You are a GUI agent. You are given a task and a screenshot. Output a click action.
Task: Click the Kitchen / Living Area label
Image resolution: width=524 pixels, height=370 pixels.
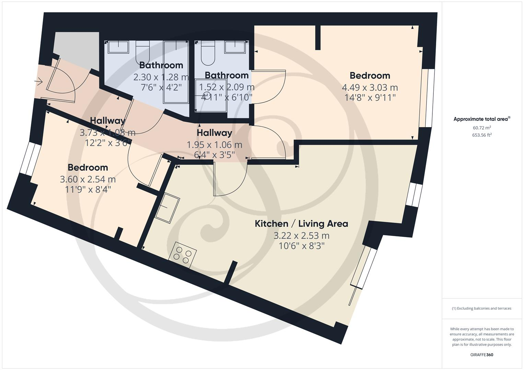[x=301, y=224]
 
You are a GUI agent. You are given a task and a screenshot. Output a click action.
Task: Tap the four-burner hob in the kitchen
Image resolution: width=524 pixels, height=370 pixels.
[x=183, y=255]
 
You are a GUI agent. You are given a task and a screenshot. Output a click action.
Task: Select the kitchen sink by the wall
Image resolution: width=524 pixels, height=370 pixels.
[x=167, y=208]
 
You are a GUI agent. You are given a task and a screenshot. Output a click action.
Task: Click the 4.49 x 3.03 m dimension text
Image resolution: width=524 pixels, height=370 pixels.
[x=370, y=87]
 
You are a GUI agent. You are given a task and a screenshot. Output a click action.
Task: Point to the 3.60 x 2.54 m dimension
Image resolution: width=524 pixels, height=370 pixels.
[x=88, y=179]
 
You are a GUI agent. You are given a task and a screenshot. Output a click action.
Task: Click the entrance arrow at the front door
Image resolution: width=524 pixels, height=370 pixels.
[x=38, y=82]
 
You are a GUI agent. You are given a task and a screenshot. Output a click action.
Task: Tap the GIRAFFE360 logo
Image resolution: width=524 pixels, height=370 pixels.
[x=481, y=355]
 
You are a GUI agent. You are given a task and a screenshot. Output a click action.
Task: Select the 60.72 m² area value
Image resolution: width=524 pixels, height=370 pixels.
[x=481, y=128]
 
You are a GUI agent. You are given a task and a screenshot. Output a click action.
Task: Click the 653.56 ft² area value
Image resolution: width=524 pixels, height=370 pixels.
[x=481, y=135]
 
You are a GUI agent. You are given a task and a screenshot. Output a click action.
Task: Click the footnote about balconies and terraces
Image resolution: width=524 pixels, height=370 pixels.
[x=481, y=308]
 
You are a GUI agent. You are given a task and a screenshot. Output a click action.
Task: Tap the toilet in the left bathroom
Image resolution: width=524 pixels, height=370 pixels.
[x=143, y=51]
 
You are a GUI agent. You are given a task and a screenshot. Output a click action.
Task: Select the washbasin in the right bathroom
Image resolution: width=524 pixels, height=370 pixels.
[x=235, y=47]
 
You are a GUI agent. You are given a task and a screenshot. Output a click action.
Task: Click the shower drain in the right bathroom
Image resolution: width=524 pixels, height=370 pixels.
[x=207, y=95]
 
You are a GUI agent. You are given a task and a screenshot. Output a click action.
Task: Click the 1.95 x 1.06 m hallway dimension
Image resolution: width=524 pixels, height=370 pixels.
[x=214, y=145]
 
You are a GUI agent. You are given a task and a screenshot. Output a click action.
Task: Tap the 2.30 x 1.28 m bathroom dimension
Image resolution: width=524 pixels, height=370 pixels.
[x=161, y=77]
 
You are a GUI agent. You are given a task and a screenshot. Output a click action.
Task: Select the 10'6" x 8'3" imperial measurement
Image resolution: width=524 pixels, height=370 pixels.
[x=301, y=246]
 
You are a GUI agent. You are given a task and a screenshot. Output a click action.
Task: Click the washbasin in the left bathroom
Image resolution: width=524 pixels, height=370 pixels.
[x=118, y=47]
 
